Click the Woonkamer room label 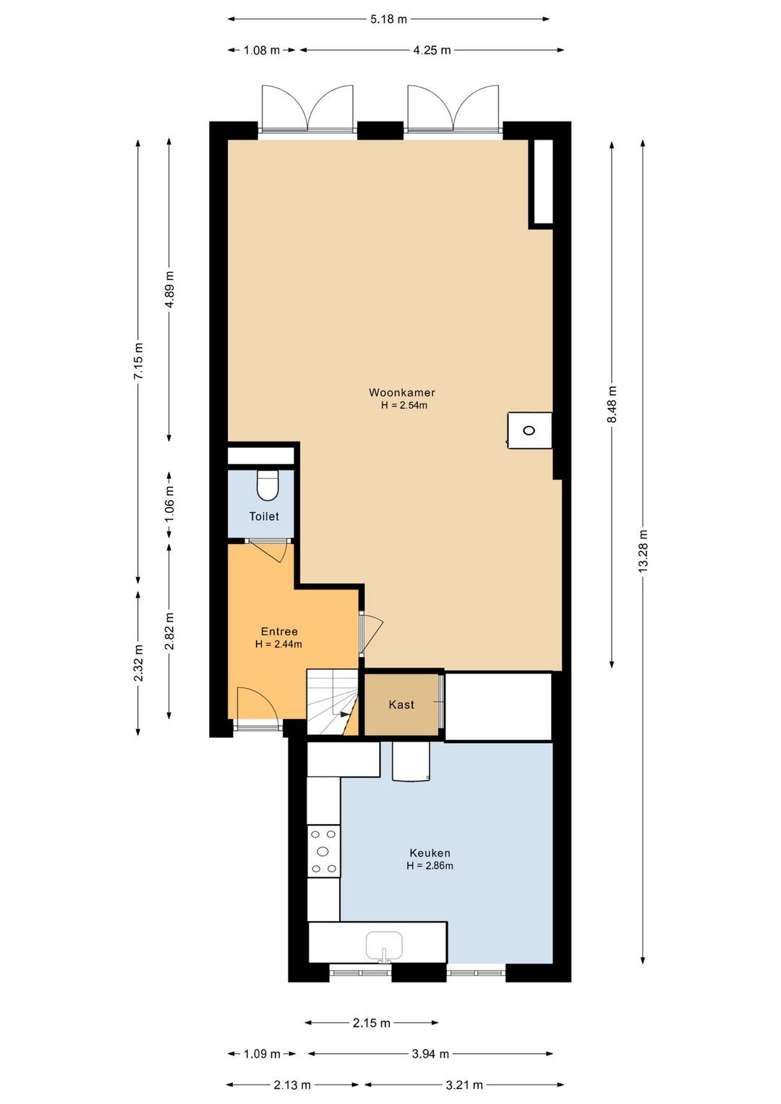401,392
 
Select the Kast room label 401,705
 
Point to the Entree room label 279,632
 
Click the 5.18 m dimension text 389,20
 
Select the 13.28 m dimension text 643,551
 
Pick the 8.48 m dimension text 612,404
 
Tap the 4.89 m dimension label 169,289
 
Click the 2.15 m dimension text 372,1023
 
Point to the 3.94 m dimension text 431,1054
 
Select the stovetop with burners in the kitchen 324,852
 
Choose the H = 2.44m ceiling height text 278,644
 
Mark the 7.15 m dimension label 138,360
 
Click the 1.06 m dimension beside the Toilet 169,504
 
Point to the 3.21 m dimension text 464,1084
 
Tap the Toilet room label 264,517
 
